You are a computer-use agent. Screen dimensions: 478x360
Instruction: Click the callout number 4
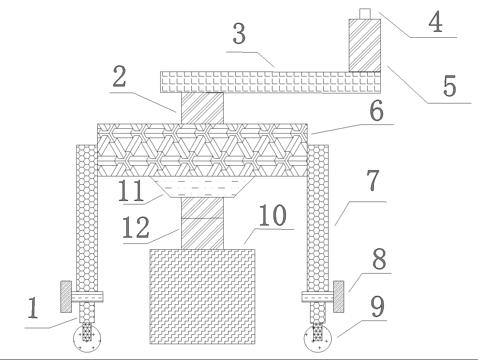point(435,21)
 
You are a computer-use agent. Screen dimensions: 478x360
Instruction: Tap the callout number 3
point(239,33)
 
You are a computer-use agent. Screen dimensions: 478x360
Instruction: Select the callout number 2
point(119,76)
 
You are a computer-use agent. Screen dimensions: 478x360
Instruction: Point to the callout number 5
point(450,86)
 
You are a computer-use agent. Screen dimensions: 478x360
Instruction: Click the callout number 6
point(377,110)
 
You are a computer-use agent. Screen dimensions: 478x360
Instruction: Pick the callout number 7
point(373,180)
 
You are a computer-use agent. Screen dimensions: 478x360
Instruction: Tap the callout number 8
point(379,259)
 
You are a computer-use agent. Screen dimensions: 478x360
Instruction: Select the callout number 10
point(273,215)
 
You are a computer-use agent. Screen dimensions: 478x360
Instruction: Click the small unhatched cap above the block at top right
point(365,14)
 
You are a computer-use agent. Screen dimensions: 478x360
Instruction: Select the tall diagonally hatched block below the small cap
point(365,45)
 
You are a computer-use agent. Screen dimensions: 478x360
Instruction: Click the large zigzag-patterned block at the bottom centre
point(202,296)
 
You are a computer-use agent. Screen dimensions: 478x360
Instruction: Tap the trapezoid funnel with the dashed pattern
point(202,187)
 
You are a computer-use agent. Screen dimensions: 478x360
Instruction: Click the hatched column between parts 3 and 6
point(202,108)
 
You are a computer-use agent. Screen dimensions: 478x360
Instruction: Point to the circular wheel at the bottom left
point(87,339)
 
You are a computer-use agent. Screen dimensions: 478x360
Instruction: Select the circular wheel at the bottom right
point(318,339)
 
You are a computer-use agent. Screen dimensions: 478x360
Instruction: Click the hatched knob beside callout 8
point(339,297)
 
